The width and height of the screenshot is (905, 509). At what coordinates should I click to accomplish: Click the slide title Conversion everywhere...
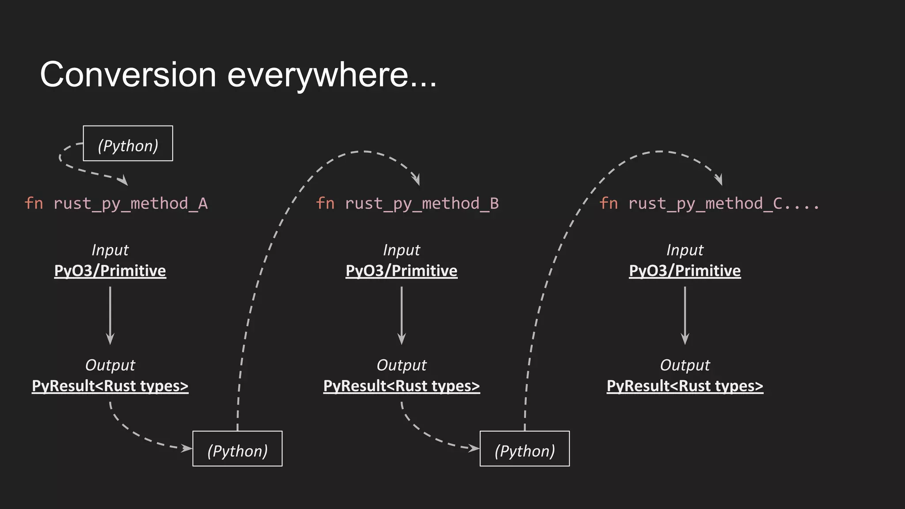click(x=238, y=75)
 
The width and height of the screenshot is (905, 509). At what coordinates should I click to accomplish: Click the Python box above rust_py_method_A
click(x=128, y=144)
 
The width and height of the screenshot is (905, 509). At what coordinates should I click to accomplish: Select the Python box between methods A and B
click(x=237, y=449)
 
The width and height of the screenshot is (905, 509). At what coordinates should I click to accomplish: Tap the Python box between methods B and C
click(x=525, y=449)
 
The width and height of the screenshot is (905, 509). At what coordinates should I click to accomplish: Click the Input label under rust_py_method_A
click(x=110, y=250)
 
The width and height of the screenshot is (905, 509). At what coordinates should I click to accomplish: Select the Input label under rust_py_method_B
click(x=401, y=250)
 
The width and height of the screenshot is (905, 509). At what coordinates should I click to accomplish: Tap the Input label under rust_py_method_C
click(x=684, y=250)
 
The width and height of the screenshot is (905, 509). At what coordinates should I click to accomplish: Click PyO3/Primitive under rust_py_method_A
click(x=110, y=271)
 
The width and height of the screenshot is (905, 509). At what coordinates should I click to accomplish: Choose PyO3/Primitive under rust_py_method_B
click(x=401, y=271)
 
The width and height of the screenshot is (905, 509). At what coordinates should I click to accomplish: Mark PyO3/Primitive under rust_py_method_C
click(x=684, y=271)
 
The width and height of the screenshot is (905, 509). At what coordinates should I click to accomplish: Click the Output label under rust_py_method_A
click(x=110, y=365)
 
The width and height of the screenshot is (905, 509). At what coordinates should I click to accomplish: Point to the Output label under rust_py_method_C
click(x=684, y=365)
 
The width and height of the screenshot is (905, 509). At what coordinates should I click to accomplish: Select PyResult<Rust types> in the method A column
click(x=110, y=386)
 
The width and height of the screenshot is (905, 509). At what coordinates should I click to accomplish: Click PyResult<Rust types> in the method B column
click(x=401, y=386)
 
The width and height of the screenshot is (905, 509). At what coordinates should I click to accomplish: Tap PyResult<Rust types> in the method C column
click(x=684, y=386)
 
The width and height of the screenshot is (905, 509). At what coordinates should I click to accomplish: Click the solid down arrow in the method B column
click(x=401, y=315)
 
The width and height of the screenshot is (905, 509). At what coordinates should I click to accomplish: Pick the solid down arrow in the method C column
click(x=685, y=315)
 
